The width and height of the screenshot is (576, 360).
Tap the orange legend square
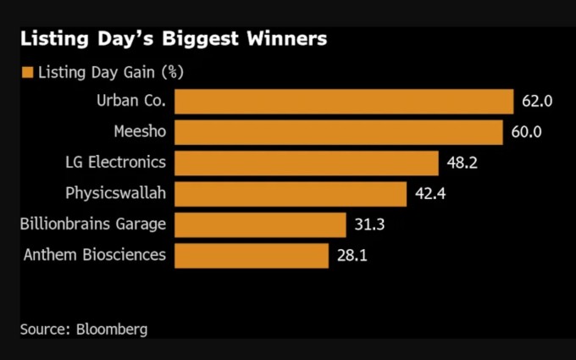tap(27, 72)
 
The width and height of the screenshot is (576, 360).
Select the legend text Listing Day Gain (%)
tap(110, 72)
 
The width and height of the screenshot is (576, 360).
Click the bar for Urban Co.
tap(344, 101)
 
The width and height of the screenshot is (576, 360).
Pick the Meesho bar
tap(339, 132)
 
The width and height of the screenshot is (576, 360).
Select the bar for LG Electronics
tap(307, 163)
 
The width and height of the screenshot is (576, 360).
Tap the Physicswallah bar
tap(291, 194)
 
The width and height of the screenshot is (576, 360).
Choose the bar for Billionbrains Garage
tap(261, 224)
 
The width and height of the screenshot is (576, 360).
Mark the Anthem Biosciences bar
tap(252, 255)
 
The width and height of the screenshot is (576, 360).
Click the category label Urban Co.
tap(131, 101)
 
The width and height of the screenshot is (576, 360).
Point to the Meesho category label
tap(140, 132)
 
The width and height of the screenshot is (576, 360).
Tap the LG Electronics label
tap(115, 163)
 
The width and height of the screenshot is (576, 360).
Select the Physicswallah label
tap(115, 193)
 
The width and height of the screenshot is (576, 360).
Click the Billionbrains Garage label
tap(93, 224)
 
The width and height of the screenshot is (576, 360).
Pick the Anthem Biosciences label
tap(95, 255)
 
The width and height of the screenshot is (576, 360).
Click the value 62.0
tap(537, 101)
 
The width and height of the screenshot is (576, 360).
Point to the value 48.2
tap(462, 163)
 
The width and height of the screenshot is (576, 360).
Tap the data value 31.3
tap(369, 224)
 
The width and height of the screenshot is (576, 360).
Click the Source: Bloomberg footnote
tap(83, 329)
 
